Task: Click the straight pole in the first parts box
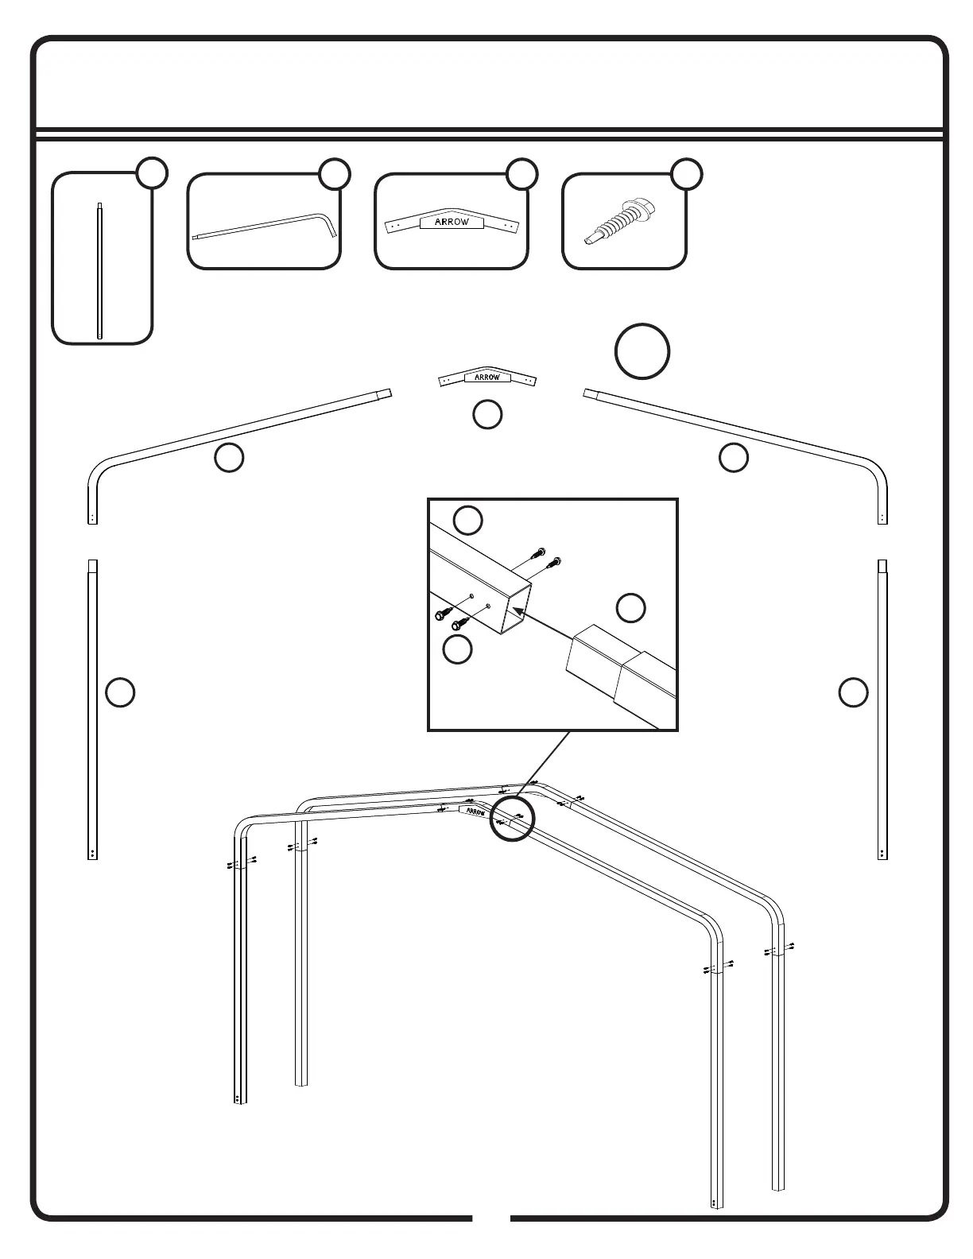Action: click(99, 270)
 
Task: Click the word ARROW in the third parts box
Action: click(452, 223)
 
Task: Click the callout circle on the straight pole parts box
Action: click(151, 173)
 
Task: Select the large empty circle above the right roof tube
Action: click(642, 351)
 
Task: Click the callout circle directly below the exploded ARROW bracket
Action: click(486, 413)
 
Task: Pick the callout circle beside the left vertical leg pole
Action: click(120, 691)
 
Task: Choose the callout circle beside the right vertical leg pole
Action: click(852, 691)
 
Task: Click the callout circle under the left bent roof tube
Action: click(229, 458)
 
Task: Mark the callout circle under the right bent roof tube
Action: click(733, 457)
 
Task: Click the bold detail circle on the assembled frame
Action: click(513, 819)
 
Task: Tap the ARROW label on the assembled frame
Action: click(475, 812)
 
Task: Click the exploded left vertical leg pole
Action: click(92, 707)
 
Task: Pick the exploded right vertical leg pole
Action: click(882, 707)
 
